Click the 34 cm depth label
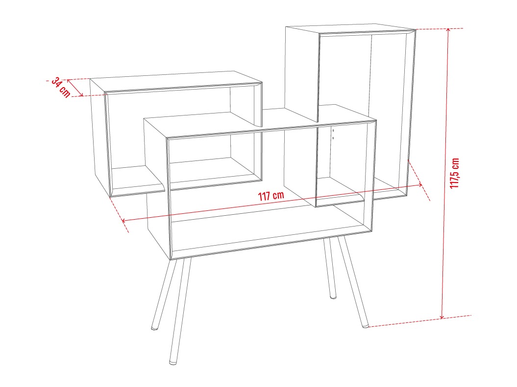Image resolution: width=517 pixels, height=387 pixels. click(61, 87)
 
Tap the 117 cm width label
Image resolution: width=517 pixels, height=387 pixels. click(271, 196)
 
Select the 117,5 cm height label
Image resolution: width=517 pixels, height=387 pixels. click(455, 173)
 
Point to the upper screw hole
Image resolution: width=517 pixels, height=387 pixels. click(333, 131)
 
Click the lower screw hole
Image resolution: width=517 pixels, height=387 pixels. click(333, 138)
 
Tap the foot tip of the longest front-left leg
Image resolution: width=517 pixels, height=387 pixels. click(172, 363)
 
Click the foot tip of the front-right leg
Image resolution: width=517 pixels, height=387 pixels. click(365, 326)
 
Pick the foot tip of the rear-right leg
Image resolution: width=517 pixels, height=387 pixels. click(333, 297)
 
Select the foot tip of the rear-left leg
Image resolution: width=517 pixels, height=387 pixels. click(154, 328)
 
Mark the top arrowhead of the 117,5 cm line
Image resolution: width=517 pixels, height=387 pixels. click(448, 30)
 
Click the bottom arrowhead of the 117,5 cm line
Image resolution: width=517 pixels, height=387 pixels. click(442, 318)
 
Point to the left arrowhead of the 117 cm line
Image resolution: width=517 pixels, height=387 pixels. click(123, 221)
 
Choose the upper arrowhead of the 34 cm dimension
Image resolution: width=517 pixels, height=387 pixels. click(68, 80)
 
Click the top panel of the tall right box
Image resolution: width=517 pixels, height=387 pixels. click(351, 28)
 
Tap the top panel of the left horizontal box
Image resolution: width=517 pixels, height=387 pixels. click(176, 80)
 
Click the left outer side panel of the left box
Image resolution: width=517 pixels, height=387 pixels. click(99, 137)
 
